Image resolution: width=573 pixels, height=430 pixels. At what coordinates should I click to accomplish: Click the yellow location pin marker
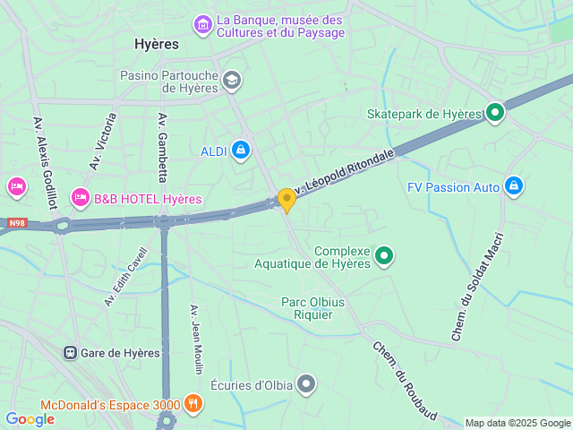286,200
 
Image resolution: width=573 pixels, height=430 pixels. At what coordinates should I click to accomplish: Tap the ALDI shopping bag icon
240,150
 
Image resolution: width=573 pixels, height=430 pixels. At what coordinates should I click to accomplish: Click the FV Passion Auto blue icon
513,186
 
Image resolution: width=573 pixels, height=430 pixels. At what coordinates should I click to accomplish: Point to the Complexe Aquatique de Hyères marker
384,256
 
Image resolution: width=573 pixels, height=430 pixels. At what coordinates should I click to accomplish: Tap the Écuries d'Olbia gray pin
307,385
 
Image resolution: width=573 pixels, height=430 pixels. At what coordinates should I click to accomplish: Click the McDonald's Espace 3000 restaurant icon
193,404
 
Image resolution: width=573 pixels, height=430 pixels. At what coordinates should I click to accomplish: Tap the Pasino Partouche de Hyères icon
232,81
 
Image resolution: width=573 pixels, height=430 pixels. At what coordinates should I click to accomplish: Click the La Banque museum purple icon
203,25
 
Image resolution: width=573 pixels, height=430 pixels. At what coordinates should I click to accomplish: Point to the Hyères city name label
156,43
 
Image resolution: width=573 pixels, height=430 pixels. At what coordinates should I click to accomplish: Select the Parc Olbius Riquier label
313,308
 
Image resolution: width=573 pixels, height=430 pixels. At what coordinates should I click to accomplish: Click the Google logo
30,418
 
